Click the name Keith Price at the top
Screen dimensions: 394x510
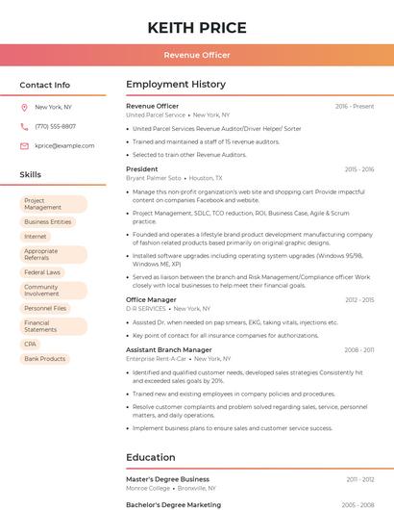pyautogui.click(x=197, y=28)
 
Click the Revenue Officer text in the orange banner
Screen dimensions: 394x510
pyautogui.click(x=197, y=55)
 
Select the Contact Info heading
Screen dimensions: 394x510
pyautogui.click(x=45, y=85)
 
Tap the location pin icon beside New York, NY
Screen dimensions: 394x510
pyautogui.click(x=24, y=108)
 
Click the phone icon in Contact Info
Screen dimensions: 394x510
pyautogui.click(x=24, y=127)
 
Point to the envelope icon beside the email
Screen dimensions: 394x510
pyautogui.click(x=24, y=146)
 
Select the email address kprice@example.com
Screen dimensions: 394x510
pyautogui.click(x=64, y=146)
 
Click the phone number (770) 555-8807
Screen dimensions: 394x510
pyautogui.click(x=55, y=127)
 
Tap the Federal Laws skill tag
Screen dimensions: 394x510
pyautogui.click(x=42, y=272)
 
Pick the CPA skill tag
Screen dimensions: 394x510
pyautogui.click(x=31, y=344)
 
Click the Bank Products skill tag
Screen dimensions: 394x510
pyautogui.click(x=45, y=359)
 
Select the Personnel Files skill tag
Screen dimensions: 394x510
pyautogui.click(x=45, y=308)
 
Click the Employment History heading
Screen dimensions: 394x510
pyautogui.click(x=176, y=85)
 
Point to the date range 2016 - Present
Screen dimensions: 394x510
pyautogui.click(x=355, y=106)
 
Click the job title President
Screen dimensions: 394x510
pyautogui.click(x=142, y=169)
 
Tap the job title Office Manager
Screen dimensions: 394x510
pyautogui.click(x=151, y=300)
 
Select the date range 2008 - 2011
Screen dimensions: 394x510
pyautogui.click(x=359, y=350)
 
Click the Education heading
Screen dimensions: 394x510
pyautogui.click(x=151, y=458)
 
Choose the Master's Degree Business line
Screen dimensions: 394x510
pyautogui.click(x=167, y=479)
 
